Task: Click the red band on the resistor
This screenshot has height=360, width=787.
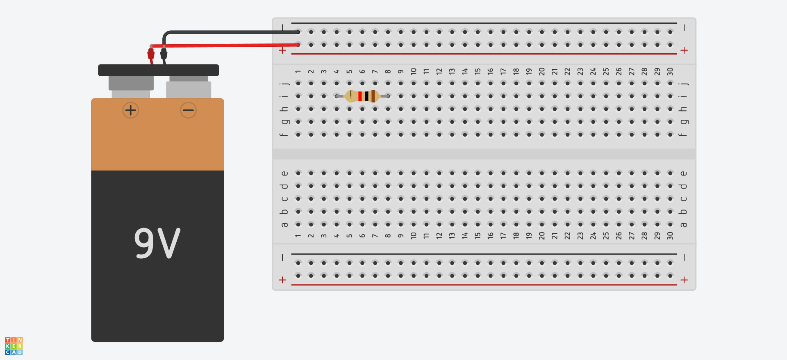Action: pos(360,96)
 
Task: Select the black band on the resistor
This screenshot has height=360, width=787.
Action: pos(366,96)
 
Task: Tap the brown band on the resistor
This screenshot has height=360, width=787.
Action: pos(373,96)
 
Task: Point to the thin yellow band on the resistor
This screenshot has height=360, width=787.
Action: pos(350,96)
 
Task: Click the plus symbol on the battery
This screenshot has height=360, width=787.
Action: pos(131,110)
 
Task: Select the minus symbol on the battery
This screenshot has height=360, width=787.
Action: pos(189,110)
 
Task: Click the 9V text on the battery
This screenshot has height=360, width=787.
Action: pos(157,243)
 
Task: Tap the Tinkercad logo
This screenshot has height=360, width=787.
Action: pos(14,346)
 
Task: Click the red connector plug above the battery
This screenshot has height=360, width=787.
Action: pos(151,54)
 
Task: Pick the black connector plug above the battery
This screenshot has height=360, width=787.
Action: pos(164,54)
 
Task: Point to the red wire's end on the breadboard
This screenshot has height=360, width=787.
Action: pos(298,45)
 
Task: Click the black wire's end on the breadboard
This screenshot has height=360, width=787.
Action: pos(298,32)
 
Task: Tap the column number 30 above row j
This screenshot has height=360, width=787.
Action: pos(670,71)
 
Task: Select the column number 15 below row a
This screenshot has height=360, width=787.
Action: pos(478,236)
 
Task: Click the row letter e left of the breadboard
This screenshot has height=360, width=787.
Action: pos(284,173)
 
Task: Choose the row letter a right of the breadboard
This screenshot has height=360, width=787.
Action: pos(683,225)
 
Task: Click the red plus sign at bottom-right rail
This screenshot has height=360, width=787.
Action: pos(684,280)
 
